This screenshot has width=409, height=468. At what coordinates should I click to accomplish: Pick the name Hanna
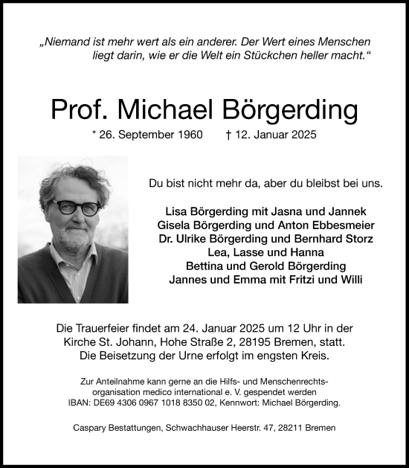click(x=291, y=252)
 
